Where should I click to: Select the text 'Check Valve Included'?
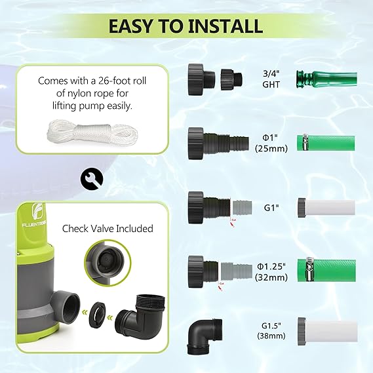[108, 229]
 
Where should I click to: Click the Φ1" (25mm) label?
[269, 142]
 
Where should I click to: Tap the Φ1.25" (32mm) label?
[271, 271]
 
